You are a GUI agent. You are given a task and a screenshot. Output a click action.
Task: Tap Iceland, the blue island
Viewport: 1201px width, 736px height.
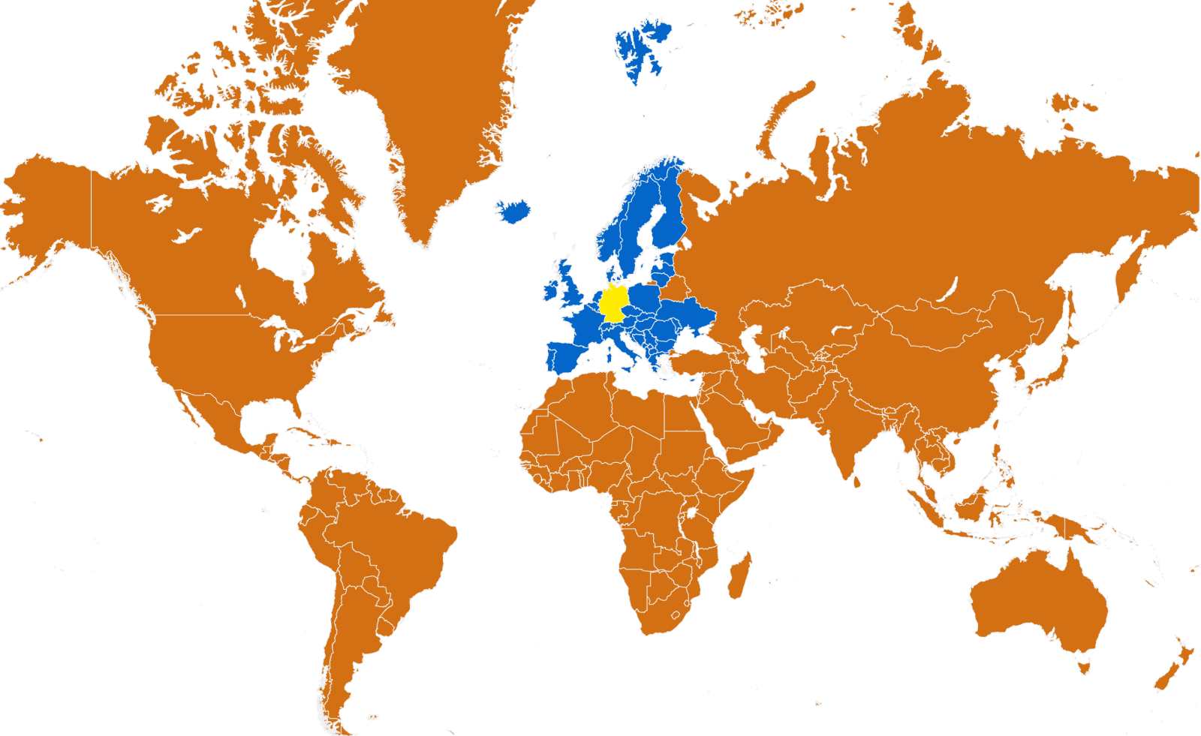point(513,211)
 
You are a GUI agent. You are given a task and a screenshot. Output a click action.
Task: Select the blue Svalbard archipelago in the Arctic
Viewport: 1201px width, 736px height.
point(638,49)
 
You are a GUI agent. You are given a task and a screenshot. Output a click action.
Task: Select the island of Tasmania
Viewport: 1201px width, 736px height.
point(1083,664)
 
